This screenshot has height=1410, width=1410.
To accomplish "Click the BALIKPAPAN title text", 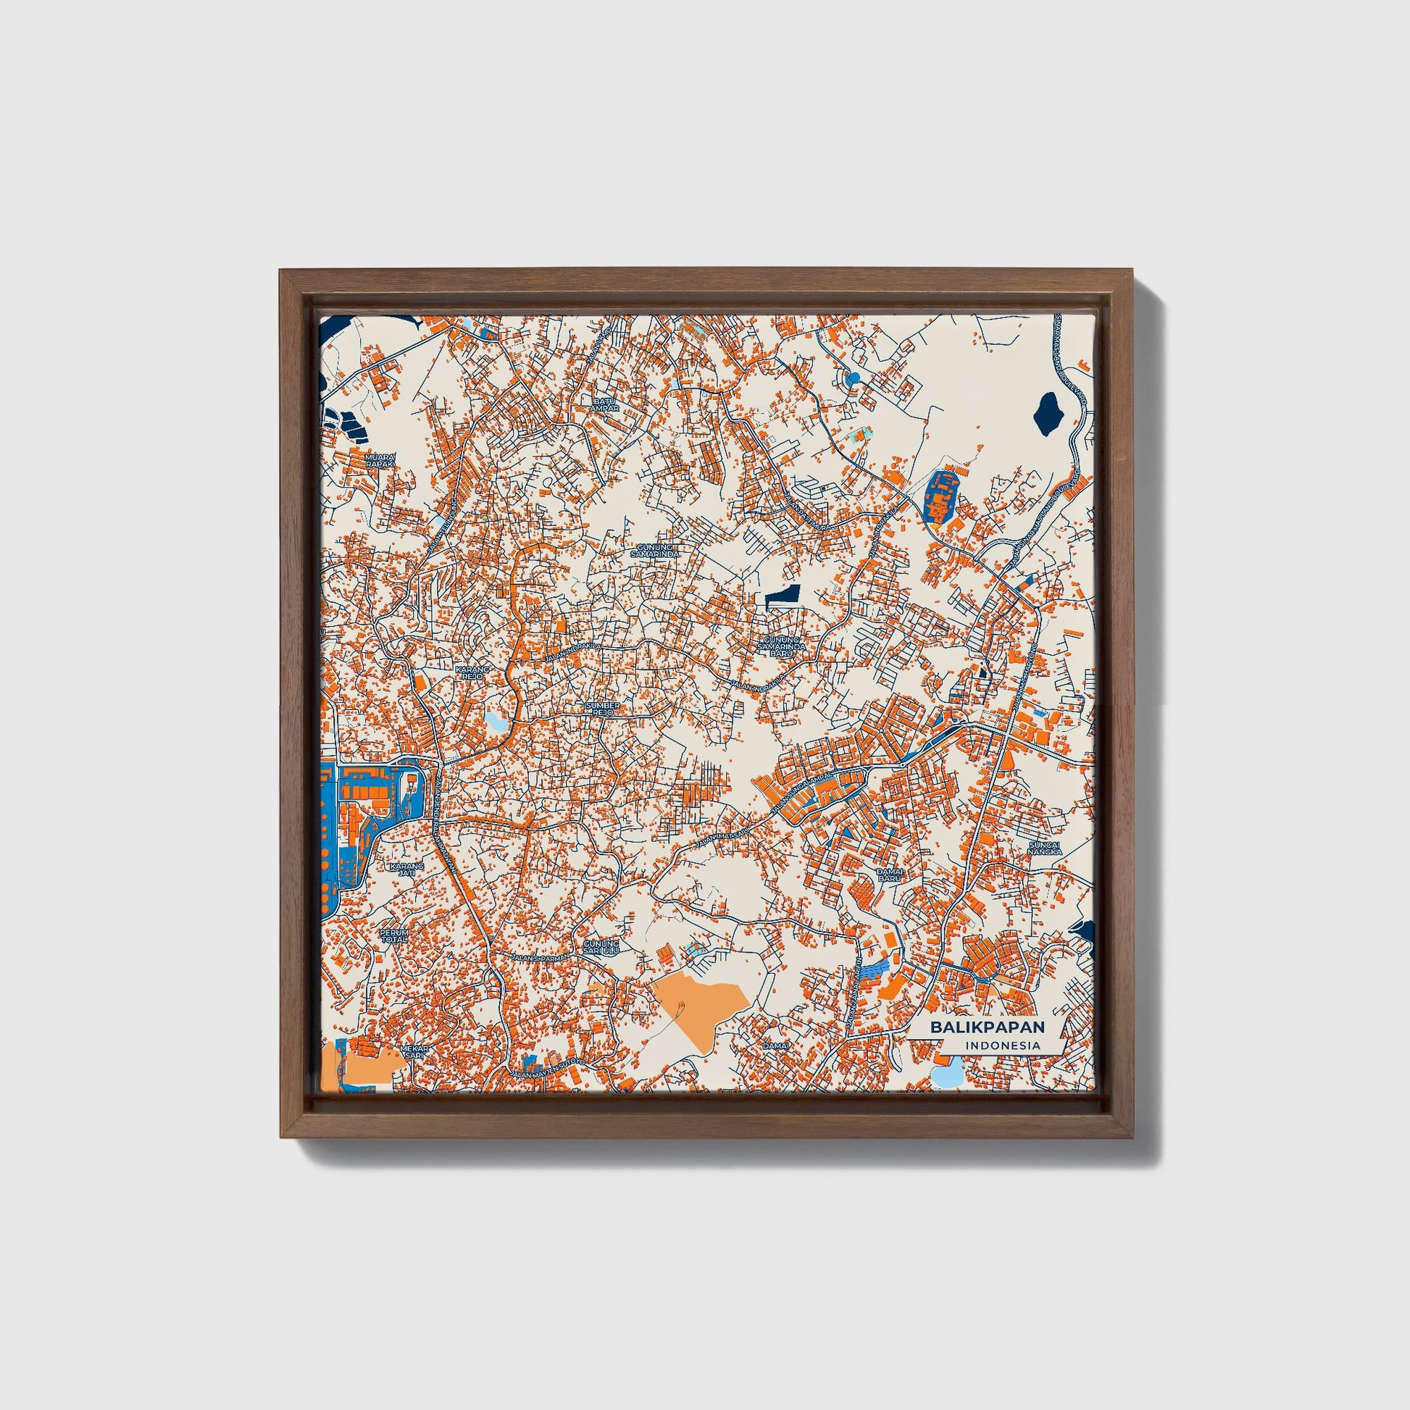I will [x=987, y=1027].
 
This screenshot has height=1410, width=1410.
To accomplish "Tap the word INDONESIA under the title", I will [x=1004, y=1045].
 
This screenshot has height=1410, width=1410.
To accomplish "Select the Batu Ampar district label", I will [x=606, y=405].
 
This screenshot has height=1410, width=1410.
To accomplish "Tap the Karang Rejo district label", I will [x=470, y=672].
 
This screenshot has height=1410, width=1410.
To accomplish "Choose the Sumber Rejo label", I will [x=603, y=709].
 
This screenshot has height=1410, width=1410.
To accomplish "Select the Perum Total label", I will [x=395, y=936].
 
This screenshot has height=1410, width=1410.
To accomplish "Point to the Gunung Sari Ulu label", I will [x=601, y=946].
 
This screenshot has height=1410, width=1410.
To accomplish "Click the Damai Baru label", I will [x=890, y=875].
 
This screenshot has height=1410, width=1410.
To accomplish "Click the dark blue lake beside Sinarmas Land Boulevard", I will [x=1047, y=414].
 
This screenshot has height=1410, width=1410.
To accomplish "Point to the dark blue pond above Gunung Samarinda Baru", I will [x=783, y=596].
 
